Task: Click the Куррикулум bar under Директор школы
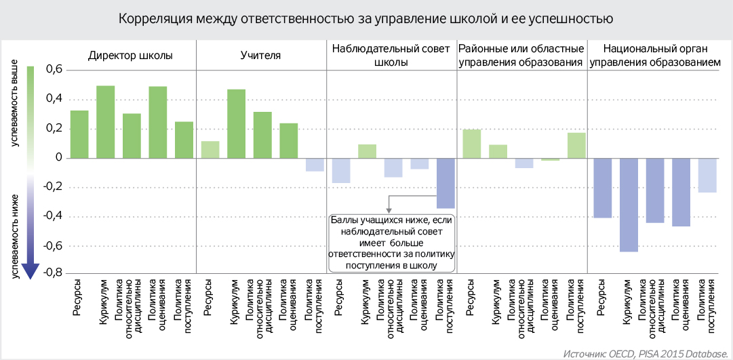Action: coord(105,122)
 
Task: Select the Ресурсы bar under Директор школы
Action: coord(79,134)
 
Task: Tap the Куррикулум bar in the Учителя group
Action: coord(236,123)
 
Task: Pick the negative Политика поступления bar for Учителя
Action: coord(314,164)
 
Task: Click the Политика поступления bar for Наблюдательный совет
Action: coord(445,183)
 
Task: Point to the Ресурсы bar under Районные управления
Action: coord(471,144)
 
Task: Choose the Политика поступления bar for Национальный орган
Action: coord(707,175)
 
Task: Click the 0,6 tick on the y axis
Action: coord(54,70)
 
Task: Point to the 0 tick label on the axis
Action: coord(58,158)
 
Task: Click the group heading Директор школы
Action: coord(130,55)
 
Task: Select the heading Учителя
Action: coord(260,55)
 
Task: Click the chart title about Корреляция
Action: coord(366,19)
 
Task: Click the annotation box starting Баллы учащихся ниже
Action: coord(391,243)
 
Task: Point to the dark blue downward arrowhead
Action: coord(30,271)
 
